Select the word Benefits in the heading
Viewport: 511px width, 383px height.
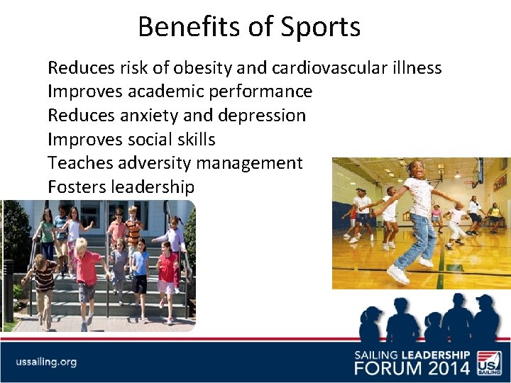point(182,28)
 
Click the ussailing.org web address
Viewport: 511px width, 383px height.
point(46,362)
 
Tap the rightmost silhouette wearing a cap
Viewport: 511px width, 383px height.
point(485,319)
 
